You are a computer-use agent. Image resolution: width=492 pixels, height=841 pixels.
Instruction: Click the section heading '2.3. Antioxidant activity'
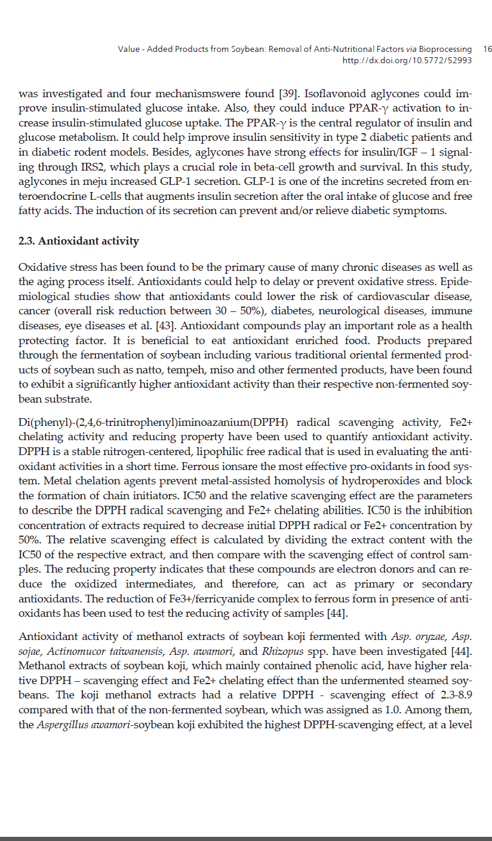[x=79, y=242]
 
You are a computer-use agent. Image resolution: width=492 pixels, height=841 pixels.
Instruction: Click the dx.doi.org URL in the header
[x=407, y=60]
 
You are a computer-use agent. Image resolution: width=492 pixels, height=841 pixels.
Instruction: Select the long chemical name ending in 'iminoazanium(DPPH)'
[x=154, y=423]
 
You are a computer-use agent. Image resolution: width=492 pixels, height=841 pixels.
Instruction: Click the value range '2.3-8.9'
[x=456, y=695]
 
